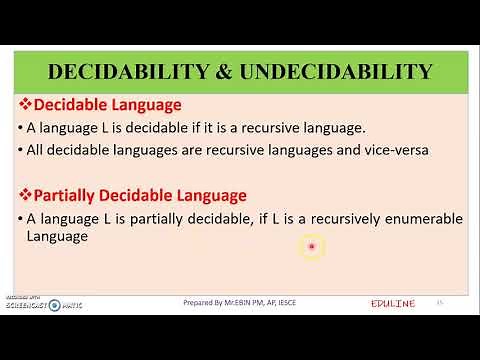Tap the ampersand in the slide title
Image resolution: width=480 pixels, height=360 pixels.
(x=221, y=71)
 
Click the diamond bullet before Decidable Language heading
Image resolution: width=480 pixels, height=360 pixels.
(x=27, y=104)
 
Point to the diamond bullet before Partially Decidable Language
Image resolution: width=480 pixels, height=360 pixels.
(x=27, y=194)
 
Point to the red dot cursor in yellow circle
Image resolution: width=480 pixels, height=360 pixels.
(x=312, y=246)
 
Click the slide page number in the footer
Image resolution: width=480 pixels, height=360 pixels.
(x=439, y=301)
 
